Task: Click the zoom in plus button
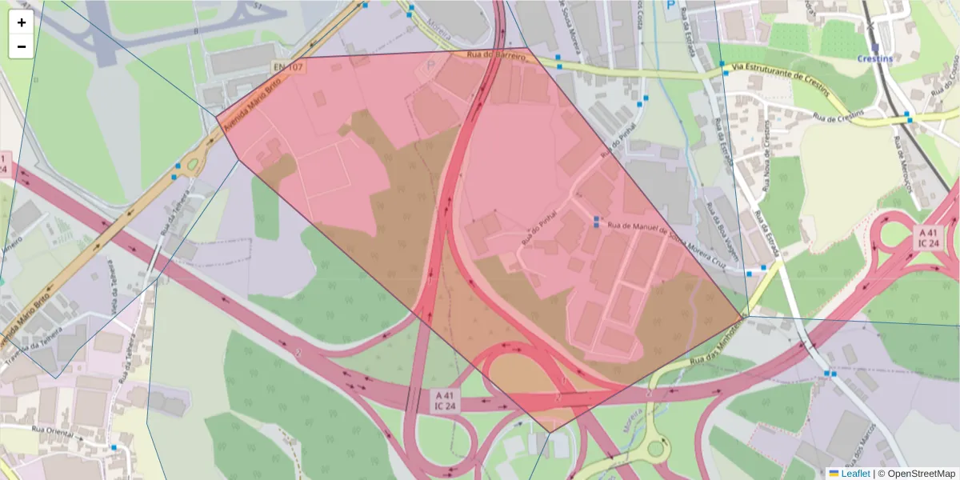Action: click(x=22, y=22)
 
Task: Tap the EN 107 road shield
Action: click(x=288, y=67)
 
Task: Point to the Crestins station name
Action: click(x=874, y=58)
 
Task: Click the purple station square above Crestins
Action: click(x=874, y=47)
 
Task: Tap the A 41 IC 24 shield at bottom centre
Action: click(x=445, y=400)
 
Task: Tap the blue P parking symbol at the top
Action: click(x=670, y=5)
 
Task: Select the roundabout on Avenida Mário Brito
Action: click(x=192, y=166)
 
